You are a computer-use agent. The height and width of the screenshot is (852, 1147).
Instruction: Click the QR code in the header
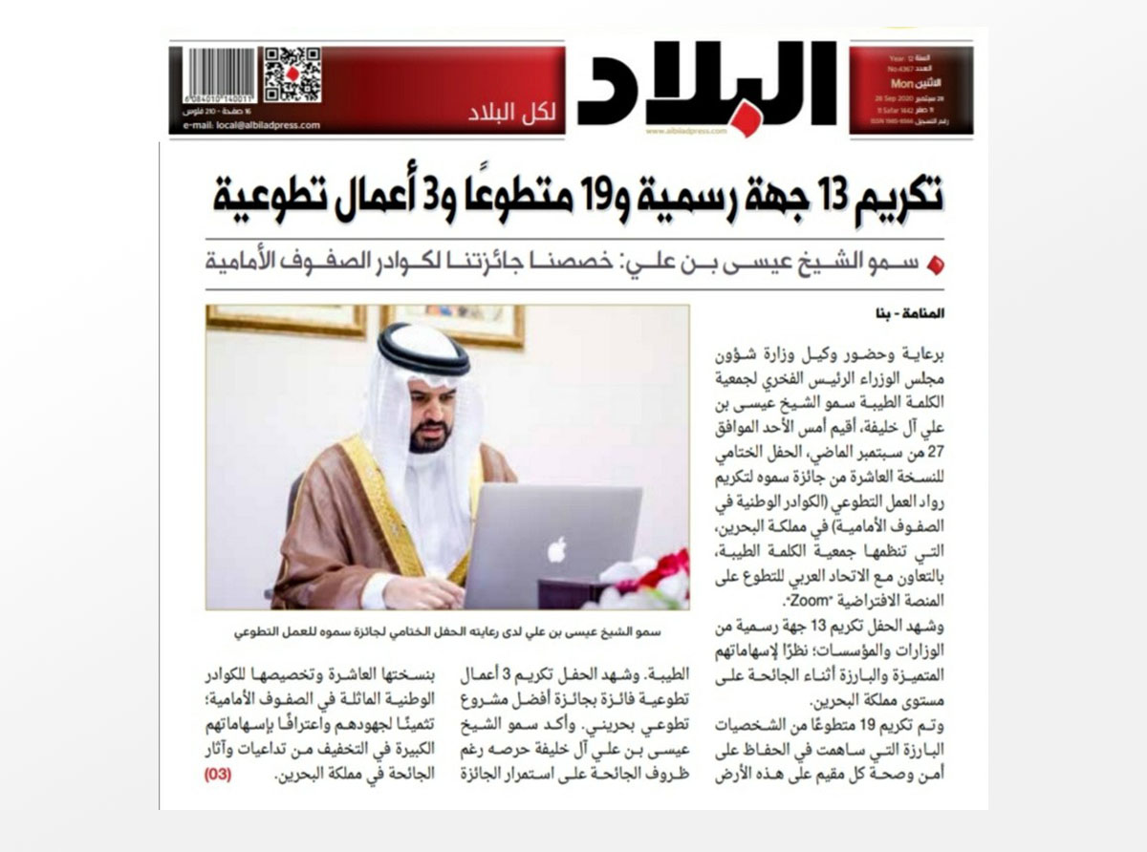pyautogui.click(x=292, y=75)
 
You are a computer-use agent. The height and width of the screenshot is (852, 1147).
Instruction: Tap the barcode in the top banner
pyautogui.click(x=221, y=76)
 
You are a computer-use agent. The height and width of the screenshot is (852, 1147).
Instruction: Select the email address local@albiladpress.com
pyautogui.click(x=251, y=126)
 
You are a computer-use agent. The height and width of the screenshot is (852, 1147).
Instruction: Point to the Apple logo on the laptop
pyautogui.click(x=557, y=549)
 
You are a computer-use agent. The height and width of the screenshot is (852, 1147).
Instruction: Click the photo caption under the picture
pyautogui.click(x=447, y=631)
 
